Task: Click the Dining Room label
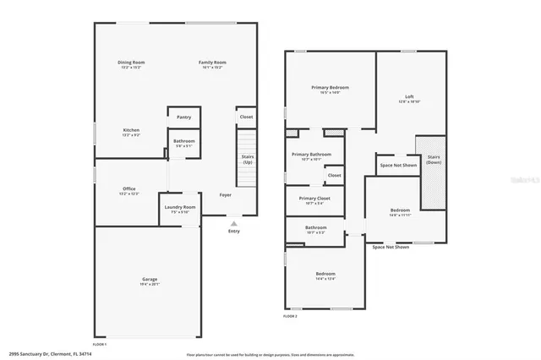pyautogui.click(x=131, y=63)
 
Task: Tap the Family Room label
pyautogui.click(x=212, y=63)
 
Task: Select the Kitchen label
pyautogui.click(x=131, y=129)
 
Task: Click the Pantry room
pyautogui.click(x=183, y=117)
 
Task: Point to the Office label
pyautogui.click(x=129, y=188)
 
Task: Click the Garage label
pyautogui.click(x=149, y=278)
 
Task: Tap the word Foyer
pyautogui.click(x=226, y=195)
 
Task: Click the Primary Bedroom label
pyautogui.click(x=330, y=87)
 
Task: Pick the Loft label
pyautogui.click(x=409, y=96)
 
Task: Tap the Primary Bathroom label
pyautogui.click(x=312, y=155)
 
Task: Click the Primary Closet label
pyautogui.click(x=314, y=199)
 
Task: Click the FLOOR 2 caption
pyautogui.click(x=290, y=316)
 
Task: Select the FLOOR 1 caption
pyautogui.click(x=100, y=343)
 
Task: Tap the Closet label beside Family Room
pyautogui.click(x=246, y=117)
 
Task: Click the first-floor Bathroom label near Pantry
pyautogui.click(x=183, y=141)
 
